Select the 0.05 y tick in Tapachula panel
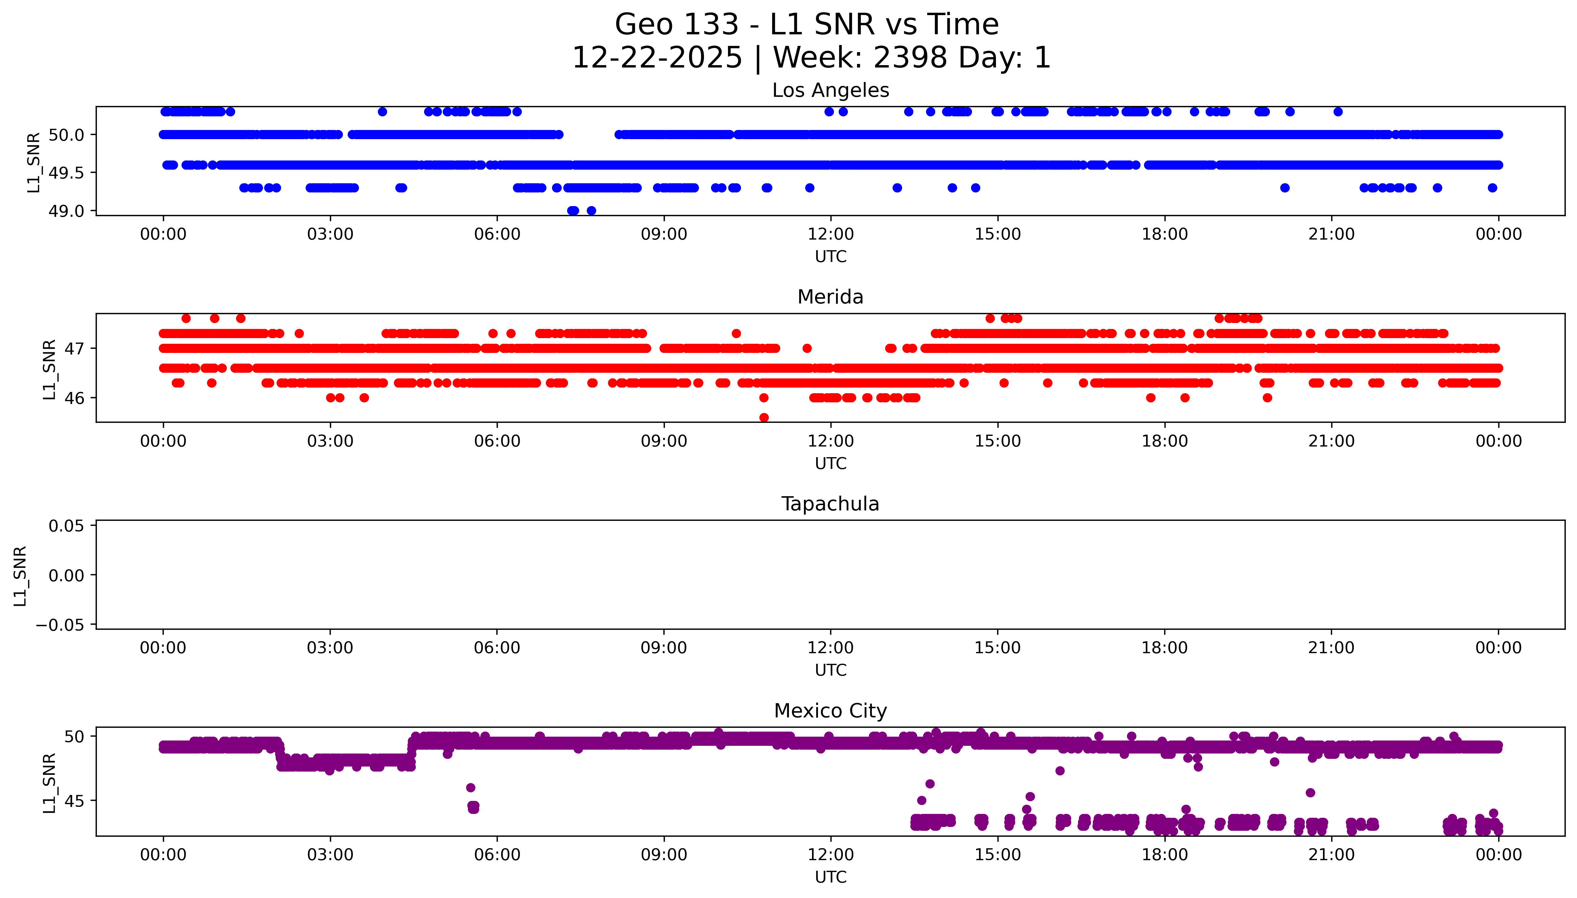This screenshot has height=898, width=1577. pyautogui.click(x=67, y=526)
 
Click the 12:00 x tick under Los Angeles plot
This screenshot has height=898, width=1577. pyautogui.click(x=831, y=234)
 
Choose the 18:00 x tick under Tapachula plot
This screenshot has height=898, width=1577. pyautogui.click(x=1164, y=648)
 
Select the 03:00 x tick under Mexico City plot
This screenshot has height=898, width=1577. pyautogui.click(x=330, y=855)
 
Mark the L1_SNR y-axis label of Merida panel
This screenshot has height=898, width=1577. pyautogui.click(x=49, y=369)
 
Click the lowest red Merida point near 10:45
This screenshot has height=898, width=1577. pyautogui.click(x=763, y=417)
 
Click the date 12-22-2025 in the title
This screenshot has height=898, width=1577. pyautogui.click(x=657, y=58)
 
